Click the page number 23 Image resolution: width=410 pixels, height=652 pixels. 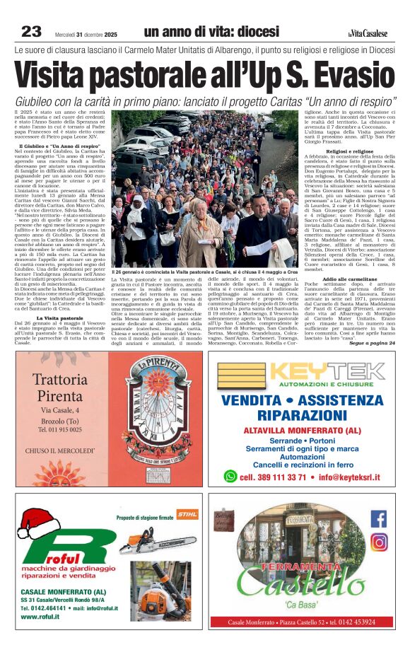30,32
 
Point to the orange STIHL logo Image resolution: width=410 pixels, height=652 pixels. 187,514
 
